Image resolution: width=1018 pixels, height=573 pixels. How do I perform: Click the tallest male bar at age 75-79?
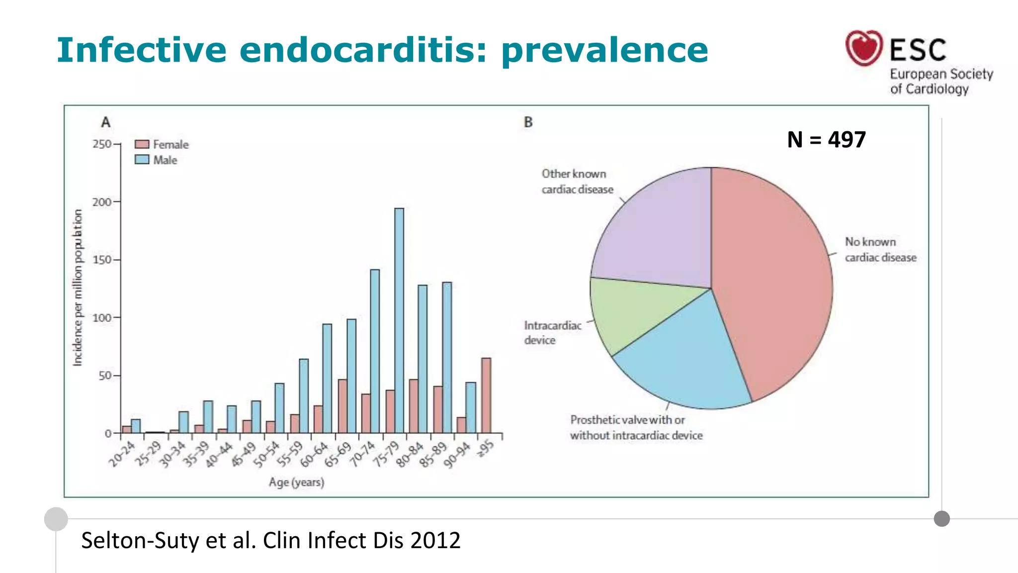399,321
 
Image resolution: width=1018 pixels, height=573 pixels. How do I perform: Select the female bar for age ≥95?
486,395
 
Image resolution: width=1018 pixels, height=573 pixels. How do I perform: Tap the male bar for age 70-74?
375,351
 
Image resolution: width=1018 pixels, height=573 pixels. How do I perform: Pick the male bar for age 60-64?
327,379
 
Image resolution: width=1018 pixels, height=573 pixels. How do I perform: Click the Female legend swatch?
142,144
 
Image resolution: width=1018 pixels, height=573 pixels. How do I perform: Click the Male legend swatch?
142,160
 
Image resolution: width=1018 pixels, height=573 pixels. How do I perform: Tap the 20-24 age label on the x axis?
122,454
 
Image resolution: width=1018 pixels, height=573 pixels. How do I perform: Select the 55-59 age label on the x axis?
289,454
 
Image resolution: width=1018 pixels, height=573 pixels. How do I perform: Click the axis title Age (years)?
296,482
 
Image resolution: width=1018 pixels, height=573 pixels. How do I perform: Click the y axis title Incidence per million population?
78,287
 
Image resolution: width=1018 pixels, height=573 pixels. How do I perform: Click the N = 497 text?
826,139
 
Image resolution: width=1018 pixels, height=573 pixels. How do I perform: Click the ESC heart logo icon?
864,48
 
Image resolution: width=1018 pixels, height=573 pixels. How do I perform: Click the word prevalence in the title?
604,51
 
